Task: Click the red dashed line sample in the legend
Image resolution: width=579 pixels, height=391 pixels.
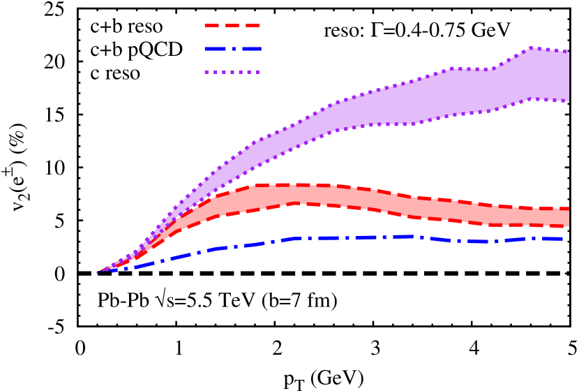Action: (x=232, y=25)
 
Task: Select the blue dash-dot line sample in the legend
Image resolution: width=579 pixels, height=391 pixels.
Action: (x=233, y=49)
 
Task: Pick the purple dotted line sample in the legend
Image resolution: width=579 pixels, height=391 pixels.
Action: (x=232, y=72)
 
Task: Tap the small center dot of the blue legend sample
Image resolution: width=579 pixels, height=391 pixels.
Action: (x=233, y=49)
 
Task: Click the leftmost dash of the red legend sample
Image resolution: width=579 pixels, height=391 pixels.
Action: (x=211, y=25)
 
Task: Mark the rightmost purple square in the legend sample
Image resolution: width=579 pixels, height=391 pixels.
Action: (x=257, y=72)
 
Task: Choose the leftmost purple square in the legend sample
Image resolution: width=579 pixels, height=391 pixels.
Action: (x=206, y=72)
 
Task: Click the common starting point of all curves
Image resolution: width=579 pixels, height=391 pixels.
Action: (x=97, y=273)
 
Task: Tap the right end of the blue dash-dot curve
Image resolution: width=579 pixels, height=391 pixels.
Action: (x=562, y=239)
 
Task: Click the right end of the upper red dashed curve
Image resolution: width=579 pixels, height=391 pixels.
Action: (x=568, y=208)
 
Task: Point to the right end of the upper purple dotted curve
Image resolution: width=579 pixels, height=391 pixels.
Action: (x=568, y=52)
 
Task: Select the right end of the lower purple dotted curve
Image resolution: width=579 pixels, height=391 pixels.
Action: (x=568, y=101)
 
